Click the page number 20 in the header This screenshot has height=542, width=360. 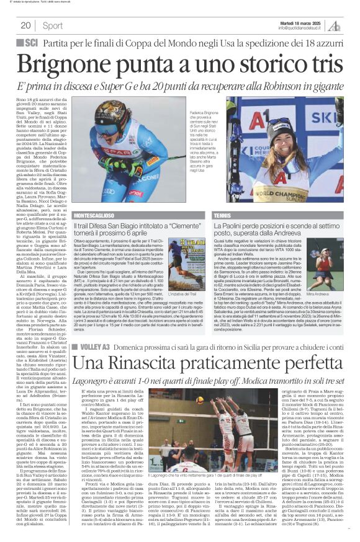click(25, 25)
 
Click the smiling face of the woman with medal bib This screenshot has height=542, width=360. click(286, 129)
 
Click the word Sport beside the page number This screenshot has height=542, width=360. click(53, 25)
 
